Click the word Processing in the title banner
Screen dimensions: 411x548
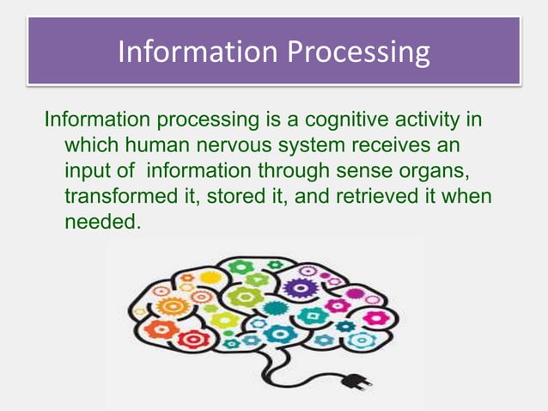click(358, 52)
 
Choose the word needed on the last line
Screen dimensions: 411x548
click(98, 221)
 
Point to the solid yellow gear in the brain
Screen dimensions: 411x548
click(210, 277)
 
